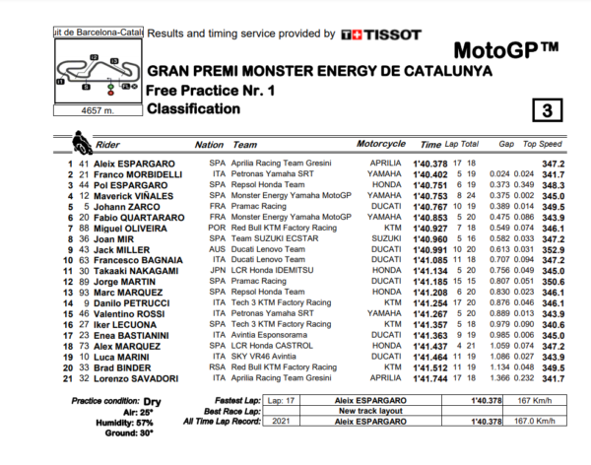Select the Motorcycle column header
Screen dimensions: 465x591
[380, 145]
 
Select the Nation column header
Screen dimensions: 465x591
[210, 145]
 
